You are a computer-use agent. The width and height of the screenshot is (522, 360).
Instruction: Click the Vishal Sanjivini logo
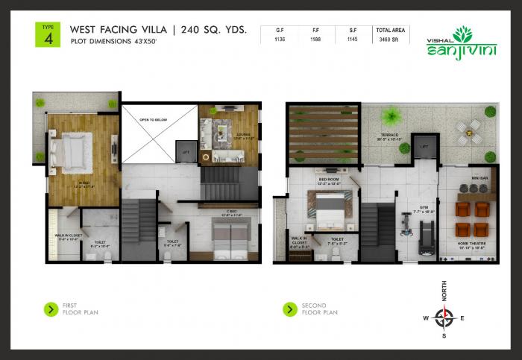pos(455,43)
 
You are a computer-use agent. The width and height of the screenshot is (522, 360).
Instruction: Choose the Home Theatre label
pos(471,242)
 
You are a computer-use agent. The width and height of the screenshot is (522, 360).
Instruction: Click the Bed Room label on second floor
pos(330,180)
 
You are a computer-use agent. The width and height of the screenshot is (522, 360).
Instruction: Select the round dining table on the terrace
pos(469,130)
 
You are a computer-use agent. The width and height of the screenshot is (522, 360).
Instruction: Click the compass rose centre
pos(445,318)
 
